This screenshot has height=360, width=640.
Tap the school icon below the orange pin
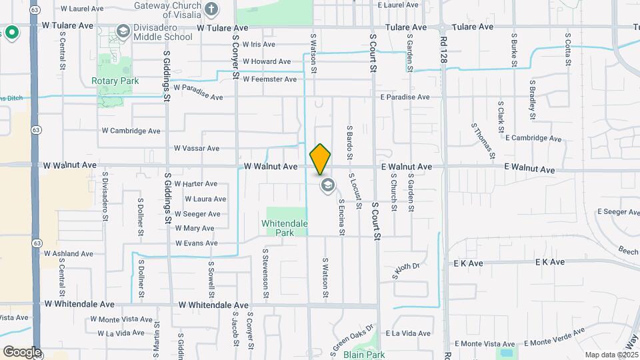(327, 185)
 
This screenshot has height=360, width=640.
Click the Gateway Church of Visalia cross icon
(211, 9)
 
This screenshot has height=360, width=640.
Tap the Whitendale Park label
(285, 228)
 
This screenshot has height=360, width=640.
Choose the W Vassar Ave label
(196, 149)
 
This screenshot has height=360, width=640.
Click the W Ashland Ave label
(69, 254)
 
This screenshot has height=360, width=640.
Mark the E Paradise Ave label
(405, 97)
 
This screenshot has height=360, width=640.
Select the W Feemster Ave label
(269, 79)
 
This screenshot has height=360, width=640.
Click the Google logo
(21, 351)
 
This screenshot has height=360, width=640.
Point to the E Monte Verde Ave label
(554, 337)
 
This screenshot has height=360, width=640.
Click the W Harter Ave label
(192, 183)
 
